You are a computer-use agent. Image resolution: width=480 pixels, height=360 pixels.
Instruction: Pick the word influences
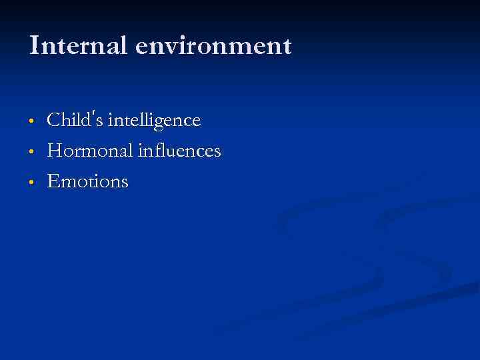coord(179,151)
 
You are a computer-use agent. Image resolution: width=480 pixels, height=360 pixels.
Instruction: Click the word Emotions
coord(87,181)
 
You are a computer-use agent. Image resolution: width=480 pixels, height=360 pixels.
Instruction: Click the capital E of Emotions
coord(53,181)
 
